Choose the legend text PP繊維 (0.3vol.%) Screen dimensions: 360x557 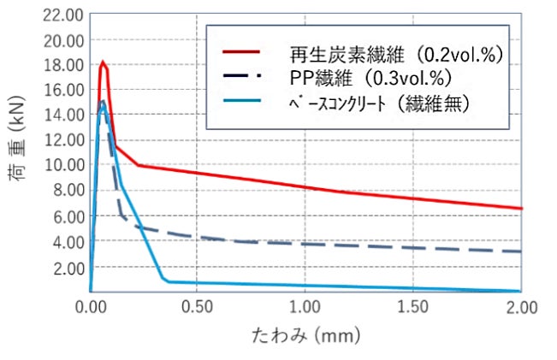[x=369, y=78]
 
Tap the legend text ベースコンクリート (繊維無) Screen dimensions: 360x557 [x=378, y=103]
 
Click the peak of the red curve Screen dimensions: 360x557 [x=103, y=62]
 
